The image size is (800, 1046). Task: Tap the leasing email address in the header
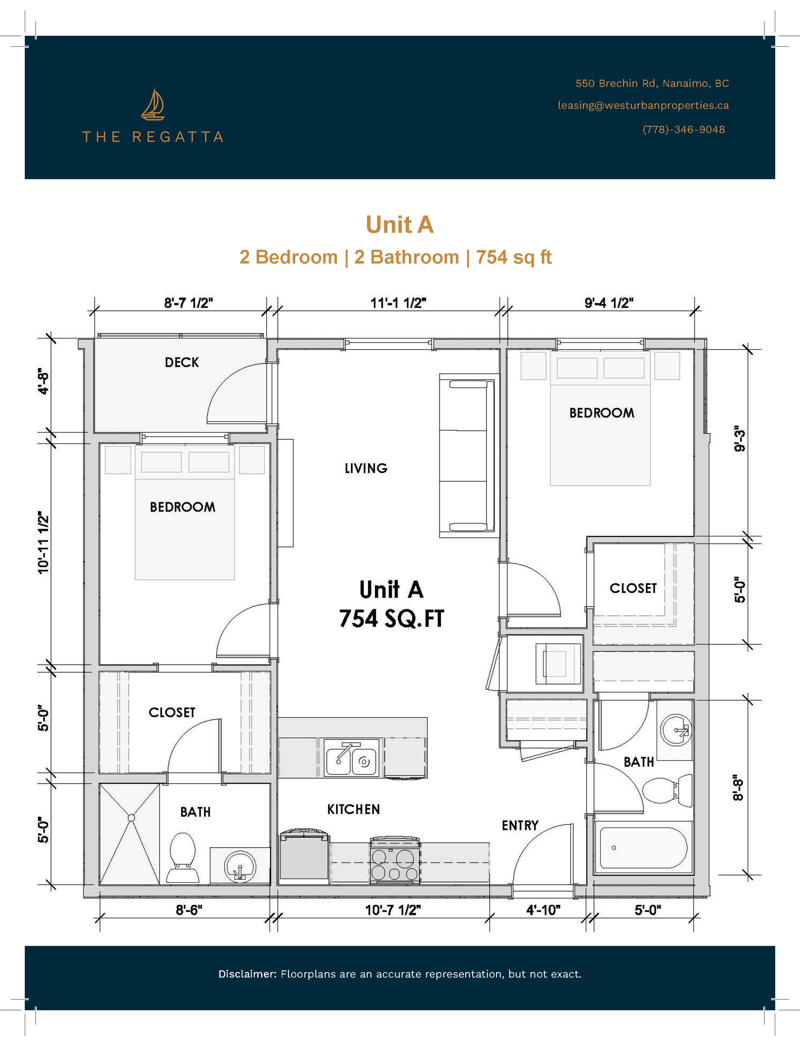click(643, 106)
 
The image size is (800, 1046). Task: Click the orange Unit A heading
click(400, 225)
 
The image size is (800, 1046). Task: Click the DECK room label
click(181, 363)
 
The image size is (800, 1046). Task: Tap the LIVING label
click(366, 469)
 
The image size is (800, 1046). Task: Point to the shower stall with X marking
click(129, 834)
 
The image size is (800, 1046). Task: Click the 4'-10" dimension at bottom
click(543, 910)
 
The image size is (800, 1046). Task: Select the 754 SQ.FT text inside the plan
click(391, 619)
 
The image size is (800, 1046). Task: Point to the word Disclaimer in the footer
click(247, 974)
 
